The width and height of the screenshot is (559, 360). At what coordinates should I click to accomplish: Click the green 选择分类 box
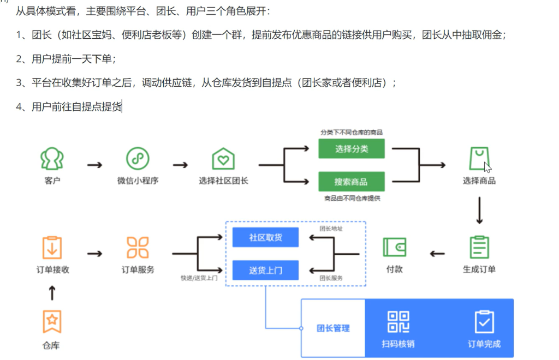(352, 148)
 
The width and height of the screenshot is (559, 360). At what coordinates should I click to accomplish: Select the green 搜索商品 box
(352, 182)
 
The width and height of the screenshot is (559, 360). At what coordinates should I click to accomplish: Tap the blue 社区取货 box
(265, 237)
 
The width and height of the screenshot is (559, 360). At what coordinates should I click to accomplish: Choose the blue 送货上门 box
(265, 270)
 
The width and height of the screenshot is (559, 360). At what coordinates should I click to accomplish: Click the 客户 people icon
(52, 159)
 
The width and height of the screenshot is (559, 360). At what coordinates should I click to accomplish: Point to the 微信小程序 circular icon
(138, 159)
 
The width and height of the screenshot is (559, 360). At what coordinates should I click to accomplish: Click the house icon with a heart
(223, 159)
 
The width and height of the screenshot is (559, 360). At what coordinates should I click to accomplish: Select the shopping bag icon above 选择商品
(479, 159)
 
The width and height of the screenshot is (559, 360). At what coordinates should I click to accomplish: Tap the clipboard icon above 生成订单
(479, 247)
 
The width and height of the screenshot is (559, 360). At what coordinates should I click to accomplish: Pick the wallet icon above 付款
(394, 247)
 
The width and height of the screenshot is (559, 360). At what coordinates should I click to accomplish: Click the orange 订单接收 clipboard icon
(52, 247)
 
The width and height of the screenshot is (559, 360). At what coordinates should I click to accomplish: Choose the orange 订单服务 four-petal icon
(138, 247)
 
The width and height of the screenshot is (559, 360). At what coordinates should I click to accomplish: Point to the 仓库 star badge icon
(52, 322)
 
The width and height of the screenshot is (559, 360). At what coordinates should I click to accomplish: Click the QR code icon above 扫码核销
(399, 322)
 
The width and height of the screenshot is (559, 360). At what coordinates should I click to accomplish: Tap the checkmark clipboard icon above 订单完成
(484, 322)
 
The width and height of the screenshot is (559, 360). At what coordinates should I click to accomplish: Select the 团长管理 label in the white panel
(333, 328)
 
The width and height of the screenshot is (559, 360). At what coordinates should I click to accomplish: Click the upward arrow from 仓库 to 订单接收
(52, 293)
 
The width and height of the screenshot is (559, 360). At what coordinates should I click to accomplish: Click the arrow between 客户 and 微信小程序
(95, 164)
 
